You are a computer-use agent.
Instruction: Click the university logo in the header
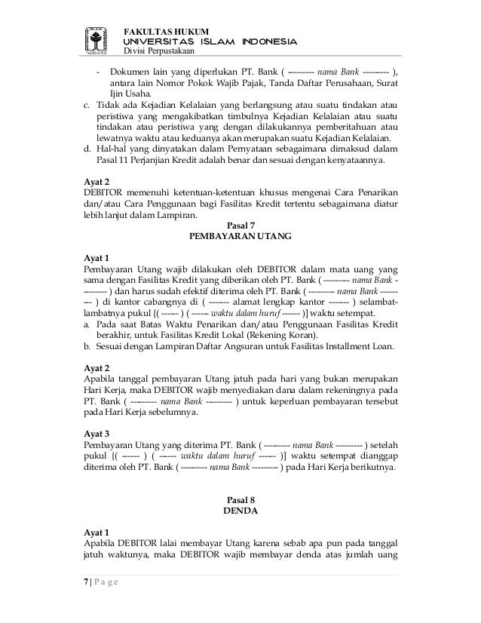click(96, 40)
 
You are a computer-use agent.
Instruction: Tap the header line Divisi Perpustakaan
click(159, 51)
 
